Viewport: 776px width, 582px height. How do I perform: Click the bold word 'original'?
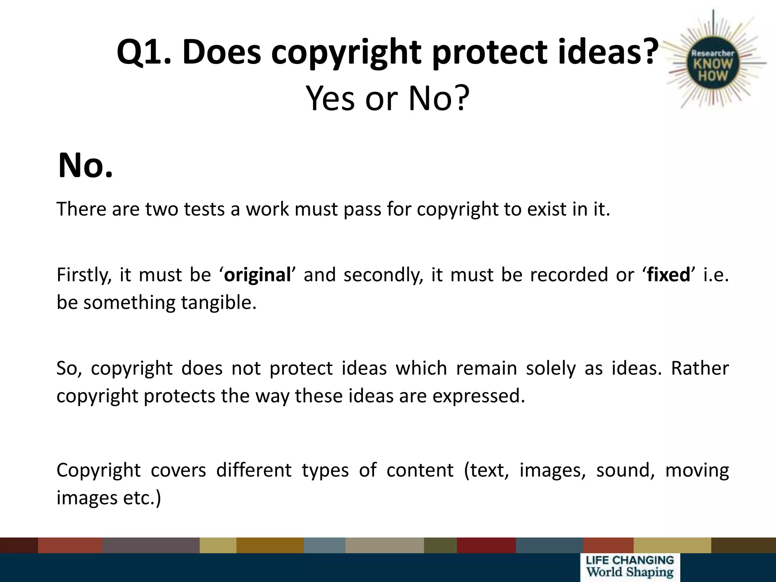coord(257,275)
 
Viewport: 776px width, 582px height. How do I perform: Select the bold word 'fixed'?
coord(669,275)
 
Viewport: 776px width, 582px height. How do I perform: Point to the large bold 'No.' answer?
coord(86,166)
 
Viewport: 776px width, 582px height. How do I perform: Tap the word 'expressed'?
coord(479,396)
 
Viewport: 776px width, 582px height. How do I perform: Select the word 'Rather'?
coord(699,368)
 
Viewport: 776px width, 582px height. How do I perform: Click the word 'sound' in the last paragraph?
coord(625,470)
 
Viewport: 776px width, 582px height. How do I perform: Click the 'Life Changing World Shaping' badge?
coord(630,567)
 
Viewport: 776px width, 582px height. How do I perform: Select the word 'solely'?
coord(551,368)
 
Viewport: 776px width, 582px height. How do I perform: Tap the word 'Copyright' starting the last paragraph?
coord(99,471)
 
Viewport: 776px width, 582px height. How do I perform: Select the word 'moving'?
coord(697,471)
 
